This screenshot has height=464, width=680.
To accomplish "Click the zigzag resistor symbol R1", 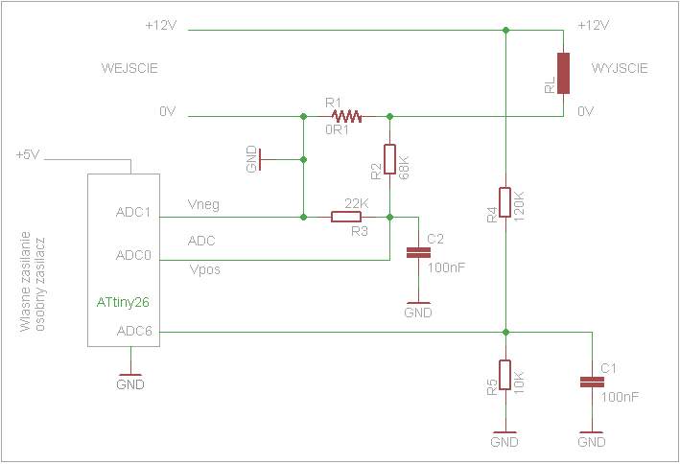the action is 346,116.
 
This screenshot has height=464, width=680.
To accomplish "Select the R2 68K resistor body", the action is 389,159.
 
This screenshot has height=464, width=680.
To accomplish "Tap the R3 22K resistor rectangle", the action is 346,217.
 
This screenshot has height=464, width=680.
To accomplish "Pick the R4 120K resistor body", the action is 504,202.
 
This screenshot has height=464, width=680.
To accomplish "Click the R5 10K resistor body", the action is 504,375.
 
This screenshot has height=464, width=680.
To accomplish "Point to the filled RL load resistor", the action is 563,73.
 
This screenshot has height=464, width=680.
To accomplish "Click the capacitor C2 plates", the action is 418,253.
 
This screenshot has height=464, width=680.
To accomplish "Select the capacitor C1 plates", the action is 592,383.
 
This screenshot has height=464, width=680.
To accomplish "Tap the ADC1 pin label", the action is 133,212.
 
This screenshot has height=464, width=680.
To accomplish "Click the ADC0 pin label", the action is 133,255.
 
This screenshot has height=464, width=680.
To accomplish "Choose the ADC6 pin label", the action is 134,332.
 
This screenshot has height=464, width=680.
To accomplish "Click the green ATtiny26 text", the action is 123,302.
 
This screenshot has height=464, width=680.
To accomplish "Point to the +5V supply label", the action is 28,154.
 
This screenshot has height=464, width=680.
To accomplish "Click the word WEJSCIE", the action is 129,68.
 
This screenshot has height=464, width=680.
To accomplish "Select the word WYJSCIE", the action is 620,68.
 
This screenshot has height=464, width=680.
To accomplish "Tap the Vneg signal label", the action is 204,204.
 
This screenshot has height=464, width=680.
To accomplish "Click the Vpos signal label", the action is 204,269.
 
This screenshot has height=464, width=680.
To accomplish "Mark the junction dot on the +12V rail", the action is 505,30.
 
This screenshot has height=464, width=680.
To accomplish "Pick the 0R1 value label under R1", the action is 337,129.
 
